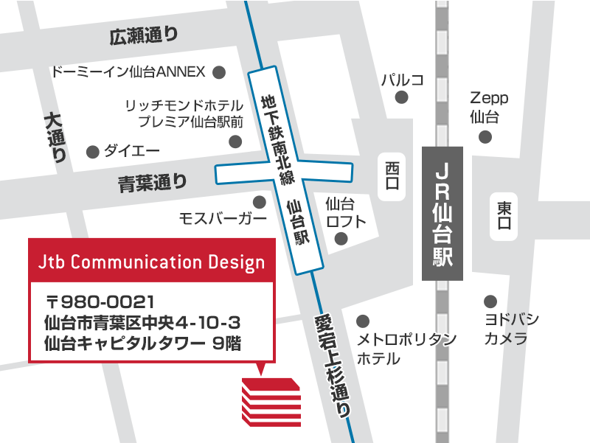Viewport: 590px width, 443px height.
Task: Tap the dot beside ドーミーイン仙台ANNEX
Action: (219, 72)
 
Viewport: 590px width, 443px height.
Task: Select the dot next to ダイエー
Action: (93, 152)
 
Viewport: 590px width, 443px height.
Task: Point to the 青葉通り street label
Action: (153, 183)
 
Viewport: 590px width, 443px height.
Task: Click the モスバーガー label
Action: (223, 218)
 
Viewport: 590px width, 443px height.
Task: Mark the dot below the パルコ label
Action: (402, 97)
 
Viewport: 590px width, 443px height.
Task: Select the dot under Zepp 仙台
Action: (485, 136)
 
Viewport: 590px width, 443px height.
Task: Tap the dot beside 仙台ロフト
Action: (341, 238)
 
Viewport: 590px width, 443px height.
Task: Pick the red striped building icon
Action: (271, 402)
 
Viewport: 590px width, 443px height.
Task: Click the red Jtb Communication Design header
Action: (150, 262)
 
